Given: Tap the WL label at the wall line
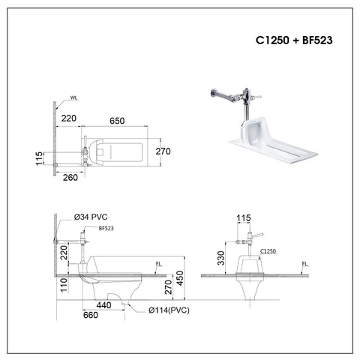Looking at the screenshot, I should (x=73, y=97).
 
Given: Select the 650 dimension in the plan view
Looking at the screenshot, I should (x=117, y=118).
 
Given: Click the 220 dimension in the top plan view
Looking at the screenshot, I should (x=70, y=118).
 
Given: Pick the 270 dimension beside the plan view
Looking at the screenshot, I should (x=163, y=151).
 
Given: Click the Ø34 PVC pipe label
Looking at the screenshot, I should (x=91, y=217).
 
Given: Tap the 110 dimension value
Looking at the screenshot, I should (x=64, y=283).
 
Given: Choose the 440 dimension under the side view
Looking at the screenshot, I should (x=104, y=306).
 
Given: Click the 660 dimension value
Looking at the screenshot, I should (x=89, y=316).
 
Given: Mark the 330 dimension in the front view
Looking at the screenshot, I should (x=220, y=259).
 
